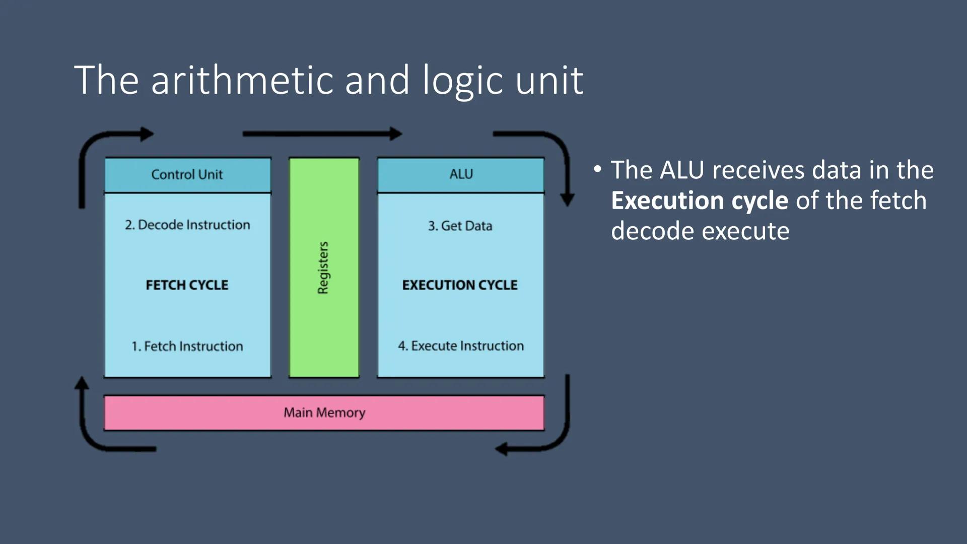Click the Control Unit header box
point(187,175)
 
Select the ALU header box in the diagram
point(460,175)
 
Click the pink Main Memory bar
point(324,413)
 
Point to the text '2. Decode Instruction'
point(187,225)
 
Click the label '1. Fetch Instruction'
point(187,346)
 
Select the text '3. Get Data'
point(460,226)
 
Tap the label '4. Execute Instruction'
point(460,346)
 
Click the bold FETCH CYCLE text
point(187,285)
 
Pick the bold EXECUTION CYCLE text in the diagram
point(459,285)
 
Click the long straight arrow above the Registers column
point(322,134)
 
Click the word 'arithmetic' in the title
point(242,81)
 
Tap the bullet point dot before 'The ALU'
point(597,169)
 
